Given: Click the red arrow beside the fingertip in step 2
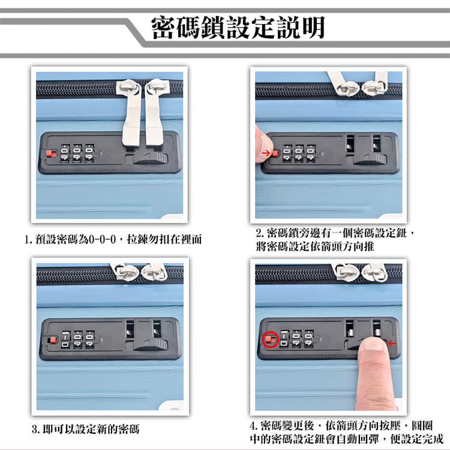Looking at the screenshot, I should coord(266,154).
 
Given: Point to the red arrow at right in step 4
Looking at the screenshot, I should coord(392,343).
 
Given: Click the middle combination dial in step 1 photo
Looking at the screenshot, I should coord(77,153).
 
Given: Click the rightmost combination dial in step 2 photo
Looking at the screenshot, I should coord(310,153).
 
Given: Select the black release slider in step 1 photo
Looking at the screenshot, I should coord(150,158).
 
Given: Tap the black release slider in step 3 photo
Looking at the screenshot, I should coord(150,345).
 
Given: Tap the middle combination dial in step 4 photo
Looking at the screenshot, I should coord(297,340).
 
